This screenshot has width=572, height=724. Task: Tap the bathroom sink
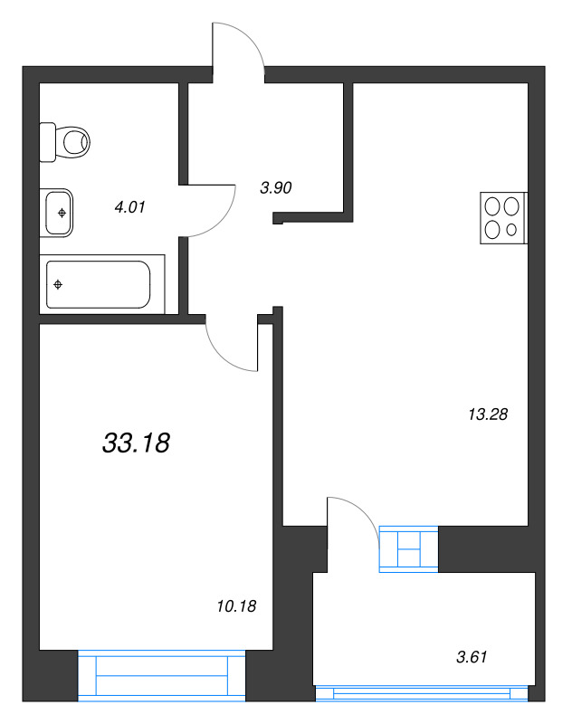57,213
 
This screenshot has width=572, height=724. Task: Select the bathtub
100,285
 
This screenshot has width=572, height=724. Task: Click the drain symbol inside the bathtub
58,285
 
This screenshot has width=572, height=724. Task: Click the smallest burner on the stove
512,230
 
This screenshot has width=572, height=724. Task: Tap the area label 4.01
129,207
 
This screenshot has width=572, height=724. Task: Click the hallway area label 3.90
274,188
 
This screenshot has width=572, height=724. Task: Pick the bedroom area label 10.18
238,606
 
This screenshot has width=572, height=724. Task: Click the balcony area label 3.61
470,657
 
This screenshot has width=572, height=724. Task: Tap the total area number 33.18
137,443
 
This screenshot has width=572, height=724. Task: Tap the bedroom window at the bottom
162,675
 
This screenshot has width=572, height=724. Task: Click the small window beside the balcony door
409,549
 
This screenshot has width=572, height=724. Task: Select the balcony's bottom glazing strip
421,693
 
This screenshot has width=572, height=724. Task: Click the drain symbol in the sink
62,213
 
